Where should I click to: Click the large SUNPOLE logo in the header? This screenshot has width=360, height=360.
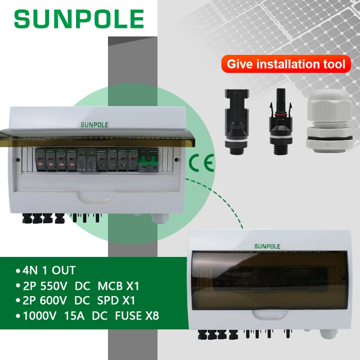(x=79, y=19)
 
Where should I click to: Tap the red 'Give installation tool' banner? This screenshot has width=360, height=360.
(x=286, y=64)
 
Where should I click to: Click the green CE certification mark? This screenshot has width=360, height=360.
(x=198, y=162)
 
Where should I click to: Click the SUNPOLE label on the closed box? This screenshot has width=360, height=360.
(x=267, y=246)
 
